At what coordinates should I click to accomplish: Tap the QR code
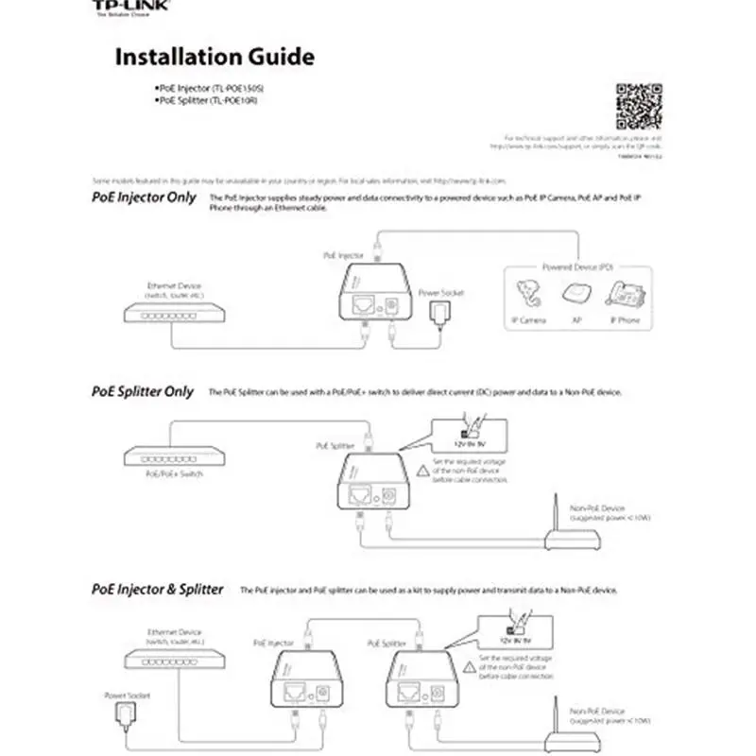(x=639, y=106)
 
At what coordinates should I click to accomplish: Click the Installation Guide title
(x=214, y=57)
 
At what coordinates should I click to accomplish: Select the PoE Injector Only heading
(x=144, y=198)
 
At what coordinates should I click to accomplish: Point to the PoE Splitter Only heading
(x=143, y=390)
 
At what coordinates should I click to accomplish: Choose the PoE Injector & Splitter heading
(x=158, y=589)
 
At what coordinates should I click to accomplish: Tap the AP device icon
(x=576, y=296)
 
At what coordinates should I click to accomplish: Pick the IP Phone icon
(x=625, y=296)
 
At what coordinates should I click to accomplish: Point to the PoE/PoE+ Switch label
(x=178, y=473)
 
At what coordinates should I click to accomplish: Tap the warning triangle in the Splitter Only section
(x=422, y=470)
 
